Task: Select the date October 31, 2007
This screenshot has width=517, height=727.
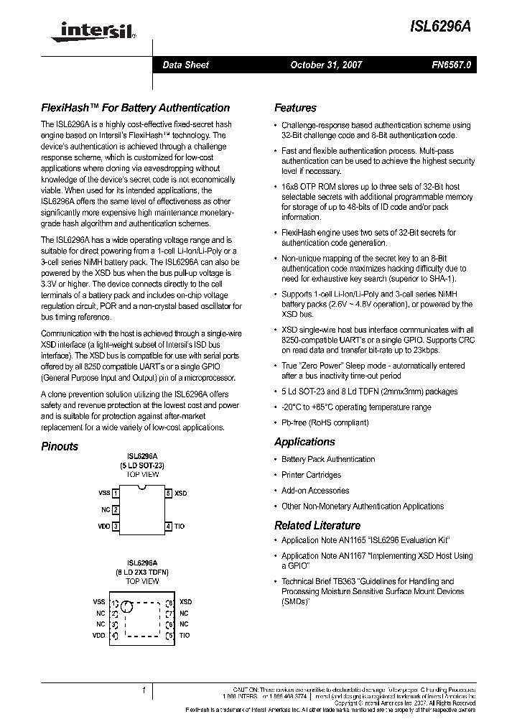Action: [326, 65]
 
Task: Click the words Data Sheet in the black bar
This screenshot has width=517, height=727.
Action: [185, 65]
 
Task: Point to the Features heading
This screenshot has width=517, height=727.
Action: [295, 108]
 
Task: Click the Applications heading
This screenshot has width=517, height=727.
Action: [304, 442]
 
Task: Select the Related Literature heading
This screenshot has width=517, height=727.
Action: [317, 525]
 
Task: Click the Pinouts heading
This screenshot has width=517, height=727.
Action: [60, 446]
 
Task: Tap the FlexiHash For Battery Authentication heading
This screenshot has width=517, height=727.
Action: [135, 108]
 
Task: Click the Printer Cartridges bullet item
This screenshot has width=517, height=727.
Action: [311, 475]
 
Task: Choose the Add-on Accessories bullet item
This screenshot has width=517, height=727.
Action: [315, 491]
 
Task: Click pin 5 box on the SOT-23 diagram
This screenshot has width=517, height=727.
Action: [169, 494]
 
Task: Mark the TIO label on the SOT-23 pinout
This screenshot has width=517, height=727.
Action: [180, 527]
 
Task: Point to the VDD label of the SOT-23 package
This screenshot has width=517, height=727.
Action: [104, 527]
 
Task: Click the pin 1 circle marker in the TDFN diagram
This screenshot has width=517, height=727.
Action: [126, 608]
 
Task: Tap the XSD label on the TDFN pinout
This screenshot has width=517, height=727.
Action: [185, 602]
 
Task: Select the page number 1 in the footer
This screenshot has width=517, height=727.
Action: [144, 690]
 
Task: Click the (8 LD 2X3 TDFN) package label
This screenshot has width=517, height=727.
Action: [142, 572]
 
